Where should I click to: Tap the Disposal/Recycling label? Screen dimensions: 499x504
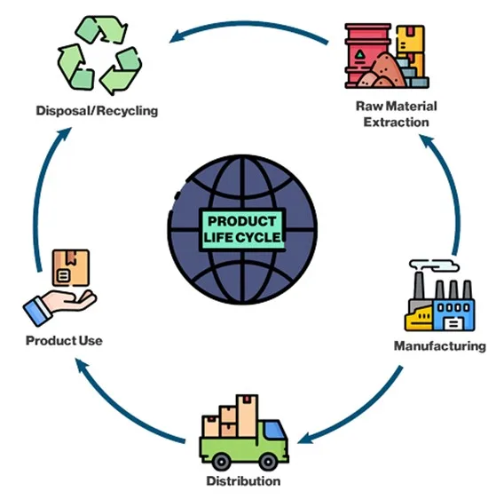coord(97,111)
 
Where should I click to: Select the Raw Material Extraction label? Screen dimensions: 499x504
coord(397,114)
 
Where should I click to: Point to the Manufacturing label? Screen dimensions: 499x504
coord(439,345)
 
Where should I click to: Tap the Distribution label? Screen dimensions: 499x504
coord(243,481)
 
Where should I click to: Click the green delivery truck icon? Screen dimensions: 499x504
coord(243,436)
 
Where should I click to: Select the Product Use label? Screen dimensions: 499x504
coord(64,340)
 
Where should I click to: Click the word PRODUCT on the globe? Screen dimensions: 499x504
coord(243,221)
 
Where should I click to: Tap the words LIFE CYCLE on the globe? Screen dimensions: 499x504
coord(243,237)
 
